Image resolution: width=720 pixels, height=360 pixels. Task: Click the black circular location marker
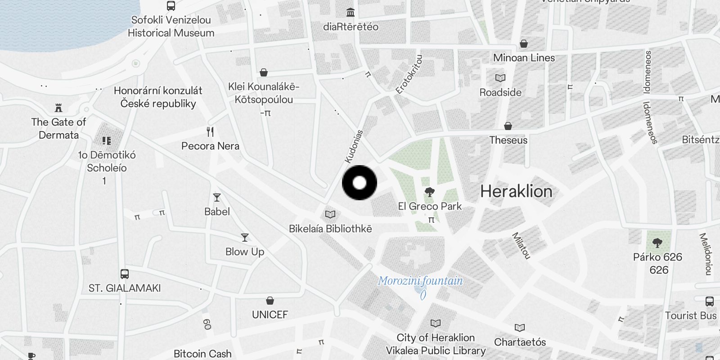pyautogui.click(x=359, y=183)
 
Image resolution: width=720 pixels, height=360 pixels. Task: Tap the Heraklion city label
pyautogui.click(x=516, y=192)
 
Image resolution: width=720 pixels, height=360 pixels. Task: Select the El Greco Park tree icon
pyautogui.click(x=430, y=193)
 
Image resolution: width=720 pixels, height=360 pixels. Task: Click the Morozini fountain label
pyautogui.click(x=420, y=281)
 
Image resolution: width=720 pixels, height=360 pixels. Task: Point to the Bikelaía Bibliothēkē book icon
pyautogui.click(x=330, y=215)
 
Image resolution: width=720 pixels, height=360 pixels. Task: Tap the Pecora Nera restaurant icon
pyautogui.click(x=210, y=132)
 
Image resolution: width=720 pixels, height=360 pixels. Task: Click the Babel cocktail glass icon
pyautogui.click(x=217, y=198)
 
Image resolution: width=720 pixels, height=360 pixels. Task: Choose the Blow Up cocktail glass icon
pyautogui.click(x=245, y=238)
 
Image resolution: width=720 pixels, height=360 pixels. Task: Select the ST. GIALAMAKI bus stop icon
pyautogui.click(x=125, y=274)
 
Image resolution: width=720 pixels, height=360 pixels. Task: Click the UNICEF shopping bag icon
pyautogui.click(x=270, y=301)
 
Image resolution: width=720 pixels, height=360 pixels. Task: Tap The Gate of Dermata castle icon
pyautogui.click(x=58, y=108)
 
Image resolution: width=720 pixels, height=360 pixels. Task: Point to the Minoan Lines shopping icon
pyautogui.click(x=524, y=44)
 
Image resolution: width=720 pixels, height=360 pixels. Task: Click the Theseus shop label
pyautogui.click(x=508, y=140)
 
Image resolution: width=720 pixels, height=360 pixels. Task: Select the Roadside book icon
pyautogui.click(x=500, y=78)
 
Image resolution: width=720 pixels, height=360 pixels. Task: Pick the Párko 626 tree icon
pyautogui.click(x=657, y=243)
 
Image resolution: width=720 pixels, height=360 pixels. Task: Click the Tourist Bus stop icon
pyautogui.click(x=710, y=301)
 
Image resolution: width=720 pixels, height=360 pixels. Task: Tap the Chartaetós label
pyautogui.click(x=520, y=342)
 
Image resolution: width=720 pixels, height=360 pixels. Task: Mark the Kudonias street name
pyautogui.click(x=354, y=146)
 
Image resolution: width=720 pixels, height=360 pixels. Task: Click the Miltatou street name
pyautogui.click(x=522, y=246)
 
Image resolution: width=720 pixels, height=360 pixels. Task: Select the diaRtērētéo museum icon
pyautogui.click(x=351, y=12)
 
